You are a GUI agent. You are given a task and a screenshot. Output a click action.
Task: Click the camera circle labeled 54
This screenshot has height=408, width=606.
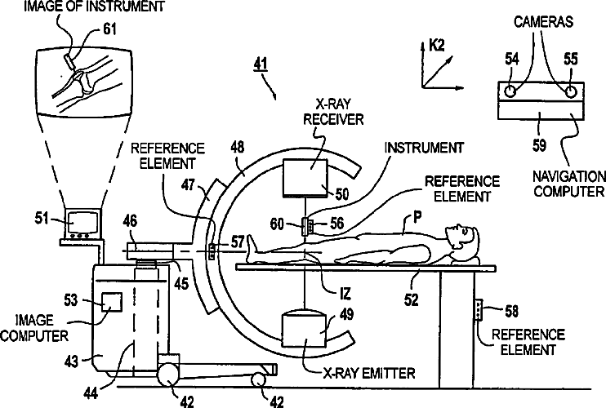point(510,90)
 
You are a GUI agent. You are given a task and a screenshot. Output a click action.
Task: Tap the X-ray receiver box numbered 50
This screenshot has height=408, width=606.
point(305,177)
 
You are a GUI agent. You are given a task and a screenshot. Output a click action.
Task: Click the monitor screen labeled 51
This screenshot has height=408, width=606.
point(84,221)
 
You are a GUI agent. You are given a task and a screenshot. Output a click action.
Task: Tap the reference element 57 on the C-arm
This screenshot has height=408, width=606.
point(212,251)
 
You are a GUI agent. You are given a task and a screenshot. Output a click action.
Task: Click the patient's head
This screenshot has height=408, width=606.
point(462,240)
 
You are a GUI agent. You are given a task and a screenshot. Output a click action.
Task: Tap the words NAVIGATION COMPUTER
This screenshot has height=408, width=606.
point(570,184)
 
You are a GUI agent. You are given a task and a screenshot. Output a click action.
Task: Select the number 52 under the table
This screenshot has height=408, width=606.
point(411,299)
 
